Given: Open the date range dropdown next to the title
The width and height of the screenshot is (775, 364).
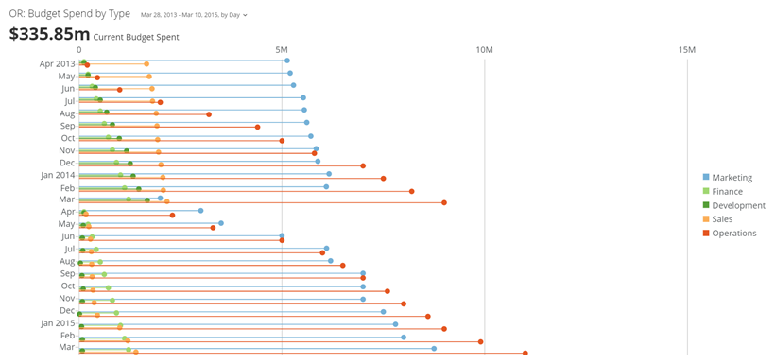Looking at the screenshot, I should [194, 16].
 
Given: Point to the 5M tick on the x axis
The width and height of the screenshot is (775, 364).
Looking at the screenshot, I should [282, 49].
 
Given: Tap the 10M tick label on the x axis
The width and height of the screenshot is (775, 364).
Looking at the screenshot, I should [484, 49].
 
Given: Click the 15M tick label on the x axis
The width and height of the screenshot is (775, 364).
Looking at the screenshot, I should [687, 49].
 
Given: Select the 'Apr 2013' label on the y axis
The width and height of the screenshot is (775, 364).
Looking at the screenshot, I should [57, 64].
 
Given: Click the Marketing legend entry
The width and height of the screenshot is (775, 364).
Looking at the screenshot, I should [732, 177].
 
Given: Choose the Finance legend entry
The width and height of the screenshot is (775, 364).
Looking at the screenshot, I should [727, 191].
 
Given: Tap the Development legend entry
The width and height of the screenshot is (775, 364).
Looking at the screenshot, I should [737, 205].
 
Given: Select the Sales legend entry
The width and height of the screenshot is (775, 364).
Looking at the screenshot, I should [721, 219].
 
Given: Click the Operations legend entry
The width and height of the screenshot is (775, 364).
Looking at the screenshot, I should [733, 234].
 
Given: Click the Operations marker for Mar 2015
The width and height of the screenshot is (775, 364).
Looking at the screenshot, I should [525, 354].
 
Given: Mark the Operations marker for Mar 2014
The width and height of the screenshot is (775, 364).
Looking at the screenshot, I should [444, 202].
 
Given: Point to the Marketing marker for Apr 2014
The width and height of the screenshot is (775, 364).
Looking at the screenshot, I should [200, 211].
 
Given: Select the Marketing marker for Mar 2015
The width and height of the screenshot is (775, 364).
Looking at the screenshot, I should [434, 348].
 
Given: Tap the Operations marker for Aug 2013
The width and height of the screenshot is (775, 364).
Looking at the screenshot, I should [209, 114].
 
